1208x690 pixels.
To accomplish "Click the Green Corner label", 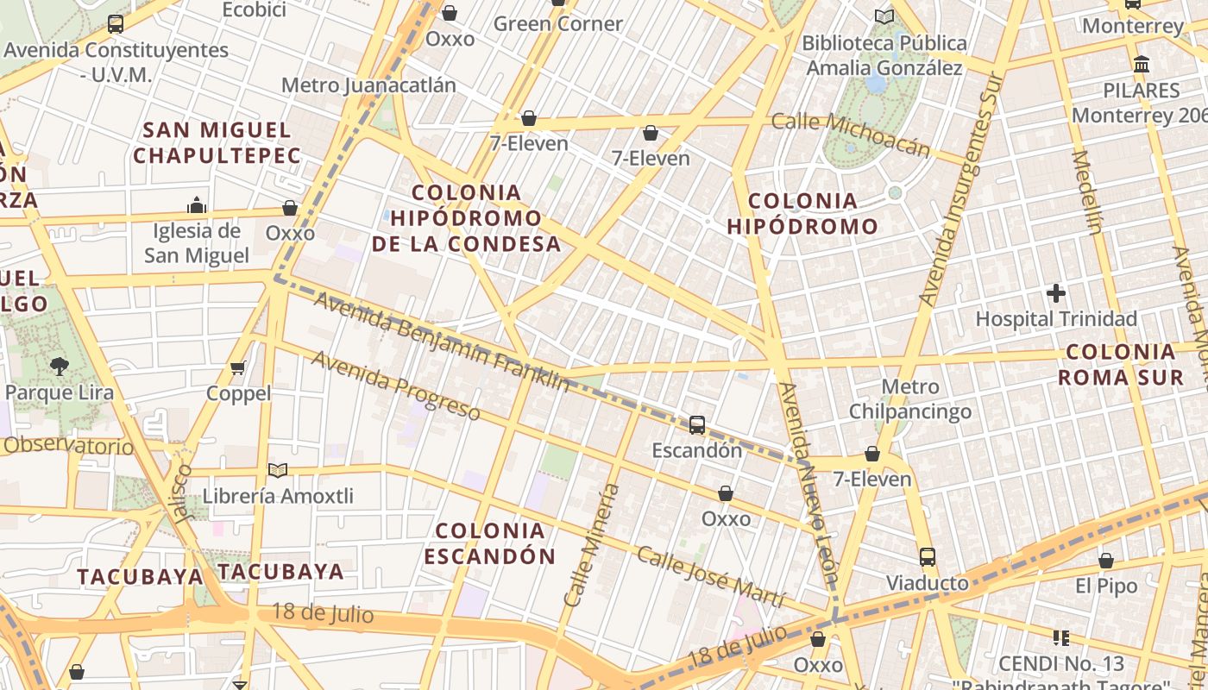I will point(557,24).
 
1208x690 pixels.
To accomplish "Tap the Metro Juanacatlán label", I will point(368,85).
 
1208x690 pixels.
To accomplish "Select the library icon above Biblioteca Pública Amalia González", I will point(884,16).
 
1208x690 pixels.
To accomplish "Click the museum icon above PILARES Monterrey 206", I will point(1142,65).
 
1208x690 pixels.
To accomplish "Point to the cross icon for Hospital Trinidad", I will point(1056,293).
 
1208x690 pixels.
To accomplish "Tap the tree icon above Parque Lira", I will point(59,367).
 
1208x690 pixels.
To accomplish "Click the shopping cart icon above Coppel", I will point(238,368).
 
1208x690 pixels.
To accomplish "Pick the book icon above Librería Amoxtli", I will point(277,471).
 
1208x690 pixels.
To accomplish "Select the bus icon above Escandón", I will point(696,424).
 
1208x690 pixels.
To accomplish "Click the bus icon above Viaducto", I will point(928,557).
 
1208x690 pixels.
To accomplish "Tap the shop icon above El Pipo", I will point(1106,561).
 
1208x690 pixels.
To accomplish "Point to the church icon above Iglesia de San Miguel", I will point(197,205).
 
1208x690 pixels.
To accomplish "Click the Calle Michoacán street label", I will point(851,135).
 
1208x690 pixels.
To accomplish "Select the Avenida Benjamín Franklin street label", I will point(441,342).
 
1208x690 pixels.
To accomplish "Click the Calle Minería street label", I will point(591,545).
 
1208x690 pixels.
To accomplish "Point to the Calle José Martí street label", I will point(710,576).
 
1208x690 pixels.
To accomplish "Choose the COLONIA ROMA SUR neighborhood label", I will point(1120,364).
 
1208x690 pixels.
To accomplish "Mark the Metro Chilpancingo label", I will point(910,399).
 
